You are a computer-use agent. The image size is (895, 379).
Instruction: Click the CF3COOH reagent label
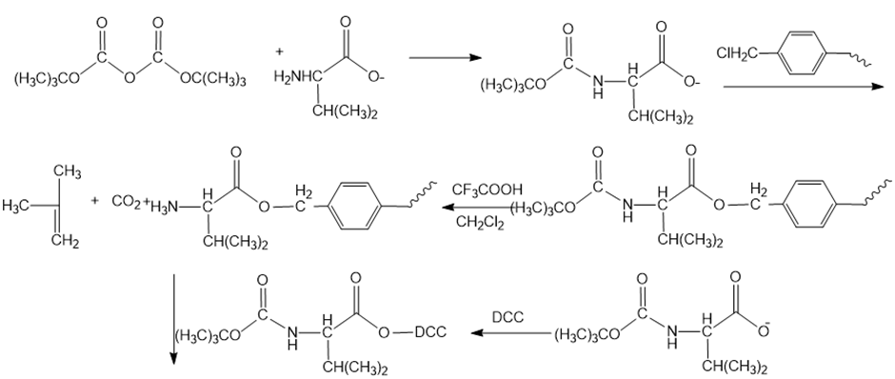point(487,189)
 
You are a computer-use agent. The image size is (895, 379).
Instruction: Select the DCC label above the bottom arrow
point(507,317)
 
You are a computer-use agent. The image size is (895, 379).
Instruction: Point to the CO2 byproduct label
point(126,202)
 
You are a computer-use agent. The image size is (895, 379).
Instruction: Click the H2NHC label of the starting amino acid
point(297,76)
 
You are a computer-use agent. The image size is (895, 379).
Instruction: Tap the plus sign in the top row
point(279,52)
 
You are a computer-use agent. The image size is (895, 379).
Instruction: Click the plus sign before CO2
point(95,201)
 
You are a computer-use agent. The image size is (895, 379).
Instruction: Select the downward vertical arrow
point(173,318)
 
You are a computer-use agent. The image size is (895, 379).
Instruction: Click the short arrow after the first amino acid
point(446,58)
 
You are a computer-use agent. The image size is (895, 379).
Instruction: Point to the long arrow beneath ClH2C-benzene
point(803,87)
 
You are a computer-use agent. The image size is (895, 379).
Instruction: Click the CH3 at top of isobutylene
point(68,171)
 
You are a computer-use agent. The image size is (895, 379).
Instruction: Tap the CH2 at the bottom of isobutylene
point(65,242)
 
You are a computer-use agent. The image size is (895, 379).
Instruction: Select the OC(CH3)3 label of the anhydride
point(213,79)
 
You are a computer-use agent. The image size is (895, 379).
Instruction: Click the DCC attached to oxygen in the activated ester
point(430,332)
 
